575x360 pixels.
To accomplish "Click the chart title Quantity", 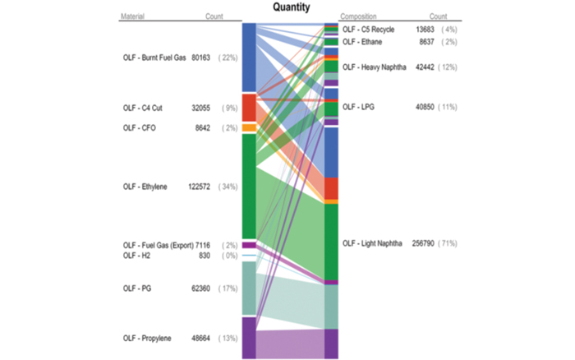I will pyautogui.click(x=292, y=7).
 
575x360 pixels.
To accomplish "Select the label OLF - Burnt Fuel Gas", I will pyautogui.click(x=154, y=58).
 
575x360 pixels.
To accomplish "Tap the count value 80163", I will pyautogui.click(x=201, y=58).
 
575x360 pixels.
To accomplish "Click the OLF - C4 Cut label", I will pyautogui.click(x=142, y=108).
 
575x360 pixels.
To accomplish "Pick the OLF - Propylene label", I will pyautogui.click(x=148, y=338).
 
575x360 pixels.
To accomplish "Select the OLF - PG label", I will pyautogui.click(x=137, y=288).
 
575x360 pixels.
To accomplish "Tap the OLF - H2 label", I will pyautogui.click(x=136, y=256).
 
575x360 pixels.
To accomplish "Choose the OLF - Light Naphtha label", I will pyautogui.click(x=372, y=243).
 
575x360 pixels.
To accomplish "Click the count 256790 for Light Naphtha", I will pyautogui.click(x=425, y=243).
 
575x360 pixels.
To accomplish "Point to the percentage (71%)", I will pyautogui.click(x=448, y=243).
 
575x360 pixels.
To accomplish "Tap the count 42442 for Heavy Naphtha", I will pyautogui.click(x=425, y=67).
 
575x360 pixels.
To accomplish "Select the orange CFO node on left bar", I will pyautogui.click(x=249, y=127).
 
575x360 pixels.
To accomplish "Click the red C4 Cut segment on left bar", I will pyautogui.click(x=249, y=108).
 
